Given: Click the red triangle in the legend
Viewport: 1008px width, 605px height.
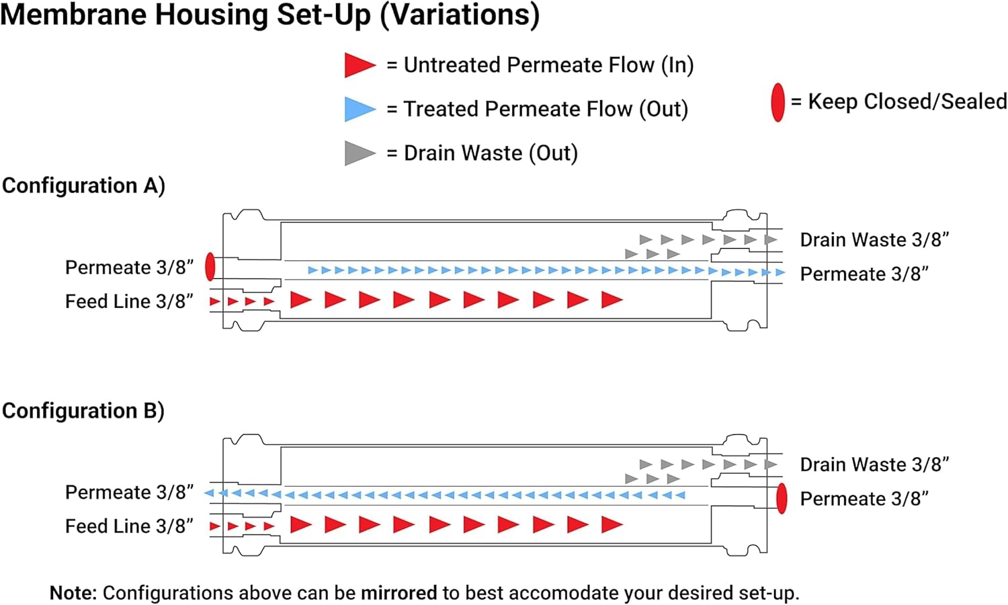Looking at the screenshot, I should click(358, 65).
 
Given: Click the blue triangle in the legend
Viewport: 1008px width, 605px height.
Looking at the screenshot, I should click(358, 109).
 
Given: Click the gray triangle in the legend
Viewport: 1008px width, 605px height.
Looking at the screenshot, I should click(358, 153).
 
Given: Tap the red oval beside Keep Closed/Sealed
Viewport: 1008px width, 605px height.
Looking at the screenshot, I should click(778, 102).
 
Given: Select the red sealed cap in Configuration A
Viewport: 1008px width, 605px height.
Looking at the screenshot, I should click(210, 267).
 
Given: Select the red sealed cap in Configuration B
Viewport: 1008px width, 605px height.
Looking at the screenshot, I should click(782, 499).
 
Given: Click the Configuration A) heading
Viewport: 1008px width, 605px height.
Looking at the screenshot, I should click(83, 186).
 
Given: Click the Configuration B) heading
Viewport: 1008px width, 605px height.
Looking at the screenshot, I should click(83, 411).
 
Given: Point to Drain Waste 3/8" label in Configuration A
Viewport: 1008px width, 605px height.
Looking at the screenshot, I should click(874, 240).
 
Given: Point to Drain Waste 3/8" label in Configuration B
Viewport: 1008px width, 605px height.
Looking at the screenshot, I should click(874, 465).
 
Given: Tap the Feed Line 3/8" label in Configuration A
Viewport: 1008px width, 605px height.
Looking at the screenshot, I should click(129, 301).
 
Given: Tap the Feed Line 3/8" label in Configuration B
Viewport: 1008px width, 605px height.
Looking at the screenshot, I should click(129, 526).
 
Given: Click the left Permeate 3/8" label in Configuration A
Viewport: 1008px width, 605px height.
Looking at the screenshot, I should click(129, 268).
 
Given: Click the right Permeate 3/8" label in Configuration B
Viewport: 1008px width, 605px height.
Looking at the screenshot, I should click(864, 499).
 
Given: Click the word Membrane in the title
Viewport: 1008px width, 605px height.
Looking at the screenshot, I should click(75, 15).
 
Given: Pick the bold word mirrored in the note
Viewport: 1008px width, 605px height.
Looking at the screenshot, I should click(398, 593).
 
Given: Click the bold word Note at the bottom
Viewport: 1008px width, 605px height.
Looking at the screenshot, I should click(73, 593).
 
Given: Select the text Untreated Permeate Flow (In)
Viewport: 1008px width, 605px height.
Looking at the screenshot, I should click(548, 65).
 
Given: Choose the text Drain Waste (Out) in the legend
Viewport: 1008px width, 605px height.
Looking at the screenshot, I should click(491, 153).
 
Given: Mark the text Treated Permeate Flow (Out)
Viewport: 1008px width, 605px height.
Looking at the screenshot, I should click(546, 109).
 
